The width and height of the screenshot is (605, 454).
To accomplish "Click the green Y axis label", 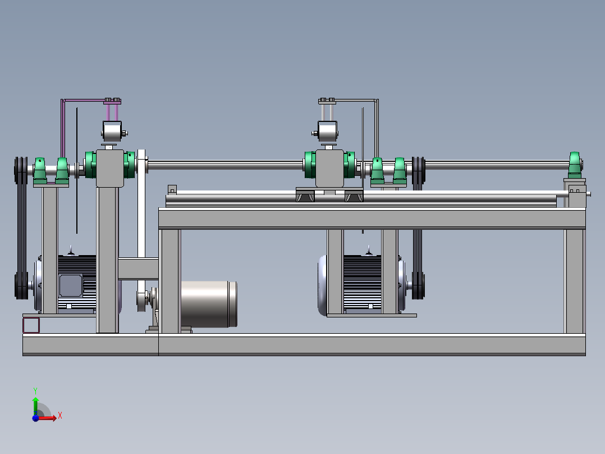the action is pyautogui.click(x=35, y=391).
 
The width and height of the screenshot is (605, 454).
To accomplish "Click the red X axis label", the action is pyautogui.click(x=60, y=415).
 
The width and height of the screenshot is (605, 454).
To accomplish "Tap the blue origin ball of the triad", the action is pyautogui.click(x=35, y=417).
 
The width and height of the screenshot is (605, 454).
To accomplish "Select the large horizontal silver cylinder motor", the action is pyautogui.click(x=209, y=304).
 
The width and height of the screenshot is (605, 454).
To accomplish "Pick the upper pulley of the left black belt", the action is pyautogui.click(x=21, y=170).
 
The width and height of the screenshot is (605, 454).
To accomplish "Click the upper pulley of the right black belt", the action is pyautogui.click(x=419, y=170).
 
